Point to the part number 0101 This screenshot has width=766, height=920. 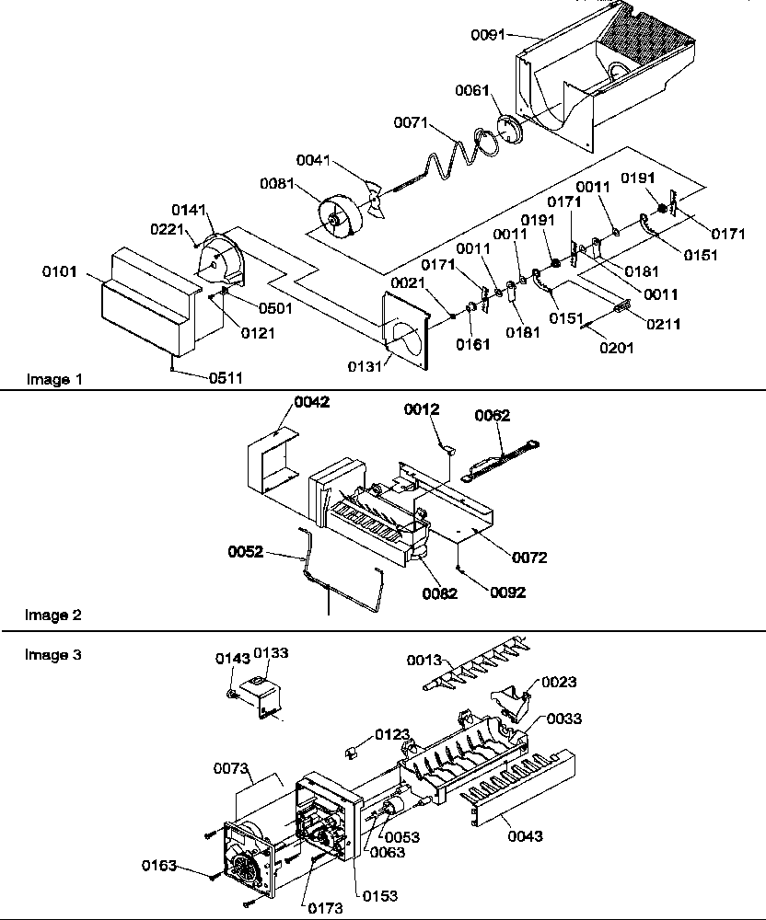click(x=58, y=271)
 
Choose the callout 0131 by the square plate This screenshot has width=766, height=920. click(x=365, y=366)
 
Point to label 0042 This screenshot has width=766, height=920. click(x=311, y=402)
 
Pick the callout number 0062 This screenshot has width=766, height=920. click(x=493, y=415)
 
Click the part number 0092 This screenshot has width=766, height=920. click(x=508, y=592)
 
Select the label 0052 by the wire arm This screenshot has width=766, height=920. click(x=247, y=552)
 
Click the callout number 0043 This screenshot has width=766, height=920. click(x=524, y=836)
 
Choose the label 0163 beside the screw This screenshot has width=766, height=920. click(x=159, y=866)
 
